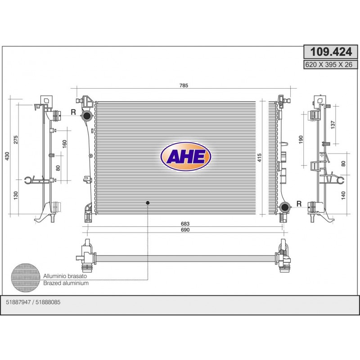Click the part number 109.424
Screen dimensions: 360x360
click(x=331, y=52)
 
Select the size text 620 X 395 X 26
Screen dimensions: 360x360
click(x=328, y=65)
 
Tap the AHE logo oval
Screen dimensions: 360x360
click(x=186, y=157)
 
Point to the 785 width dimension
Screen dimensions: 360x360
click(x=184, y=85)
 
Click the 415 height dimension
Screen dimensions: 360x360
click(x=259, y=158)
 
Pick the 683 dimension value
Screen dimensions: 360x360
click(x=185, y=224)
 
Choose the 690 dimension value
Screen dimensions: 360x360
click(x=185, y=230)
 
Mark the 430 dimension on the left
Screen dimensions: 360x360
click(x=7, y=156)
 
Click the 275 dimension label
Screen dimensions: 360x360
click(x=15, y=140)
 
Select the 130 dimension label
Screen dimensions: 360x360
click(x=15, y=195)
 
